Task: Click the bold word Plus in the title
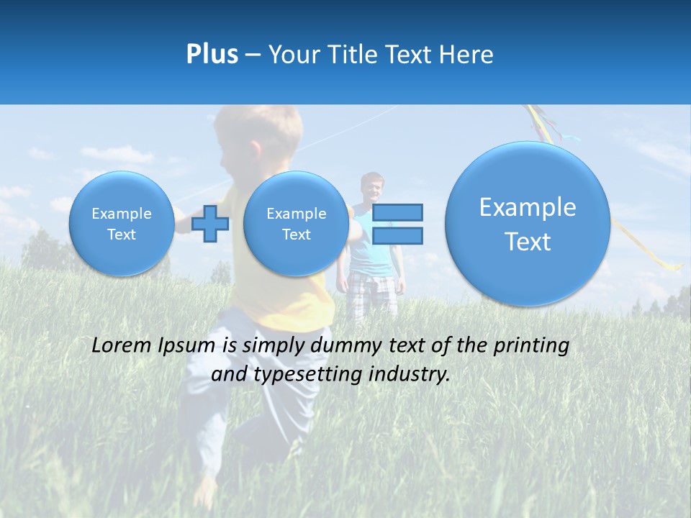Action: coord(212,54)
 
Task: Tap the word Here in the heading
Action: coord(467,55)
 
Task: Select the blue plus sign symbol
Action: coord(210,224)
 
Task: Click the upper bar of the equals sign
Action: coord(397,212)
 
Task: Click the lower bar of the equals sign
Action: coord(397,235)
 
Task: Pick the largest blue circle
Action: coord(528,224)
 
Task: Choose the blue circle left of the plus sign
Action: coord(121,224)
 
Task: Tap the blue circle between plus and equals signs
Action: coord(296,224)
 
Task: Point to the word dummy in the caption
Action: coord(348,346)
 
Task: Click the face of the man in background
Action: coord(372,189)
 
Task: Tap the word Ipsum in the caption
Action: coord(191,346)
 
